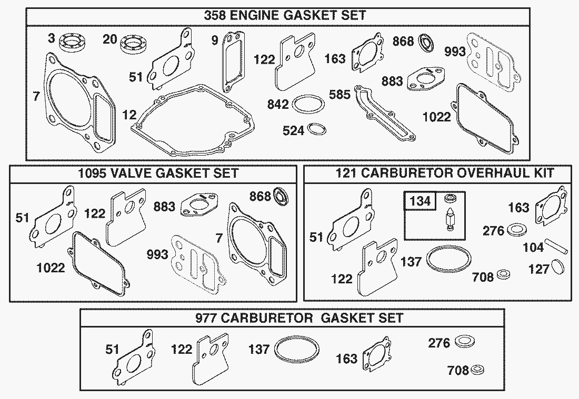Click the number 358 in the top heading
pos(215,15)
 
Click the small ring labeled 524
pos(317,129)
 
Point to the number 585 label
pos(340,95)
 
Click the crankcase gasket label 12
pos(129,114)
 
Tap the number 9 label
pos(215,40)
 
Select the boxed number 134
pos(420,201)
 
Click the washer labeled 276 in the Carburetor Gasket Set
pos(462,342)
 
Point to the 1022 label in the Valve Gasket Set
pos(51,268)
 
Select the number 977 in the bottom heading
pos(206,318)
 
